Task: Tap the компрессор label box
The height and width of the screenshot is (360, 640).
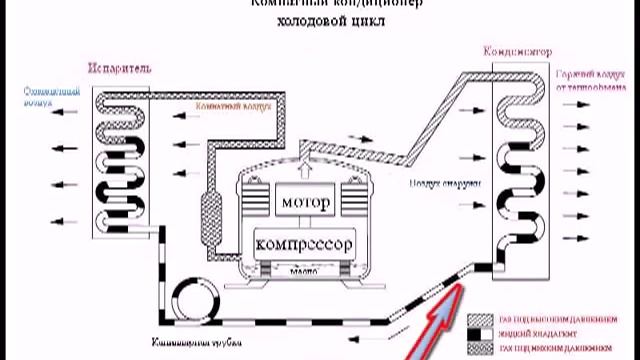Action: click(x=305, y=242)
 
